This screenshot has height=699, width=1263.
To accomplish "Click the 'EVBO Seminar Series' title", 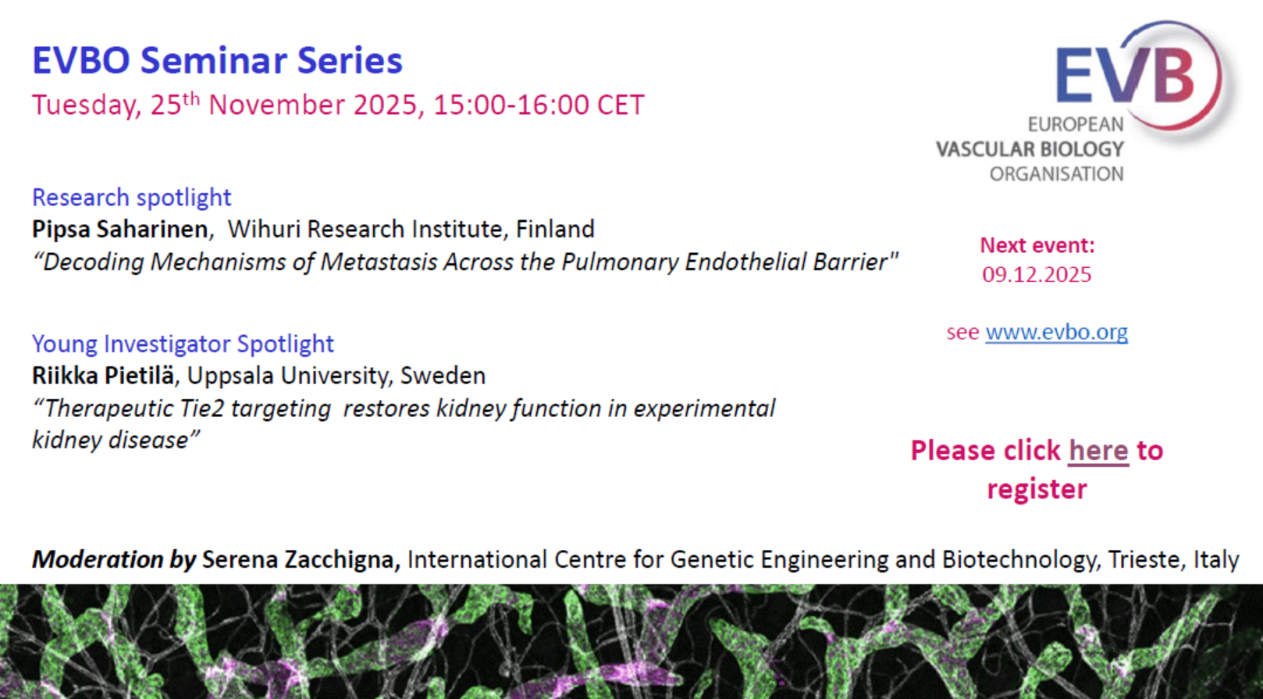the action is pos(217,60).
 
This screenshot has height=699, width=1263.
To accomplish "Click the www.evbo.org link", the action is pos(1057,332).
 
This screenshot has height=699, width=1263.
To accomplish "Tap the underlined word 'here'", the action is pos(1098,451).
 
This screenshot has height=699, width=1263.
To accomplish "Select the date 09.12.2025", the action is pos(1037,275).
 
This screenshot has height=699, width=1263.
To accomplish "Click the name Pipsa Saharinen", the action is pos(120,230).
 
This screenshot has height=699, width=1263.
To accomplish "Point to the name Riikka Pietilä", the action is pos(103,376).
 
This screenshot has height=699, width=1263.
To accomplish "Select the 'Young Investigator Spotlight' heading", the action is pos(183,344).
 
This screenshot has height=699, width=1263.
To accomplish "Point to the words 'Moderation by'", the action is pos(114,560).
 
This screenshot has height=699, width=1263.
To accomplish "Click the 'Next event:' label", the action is pos(1037,245).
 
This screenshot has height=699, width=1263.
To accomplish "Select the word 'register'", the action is pos(1037,489).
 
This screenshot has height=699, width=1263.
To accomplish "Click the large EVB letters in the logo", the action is pos(1125,74).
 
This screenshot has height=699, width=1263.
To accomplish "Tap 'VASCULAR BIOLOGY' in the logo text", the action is pos(1030,149).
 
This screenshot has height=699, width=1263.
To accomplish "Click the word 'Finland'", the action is pos(555,230).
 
